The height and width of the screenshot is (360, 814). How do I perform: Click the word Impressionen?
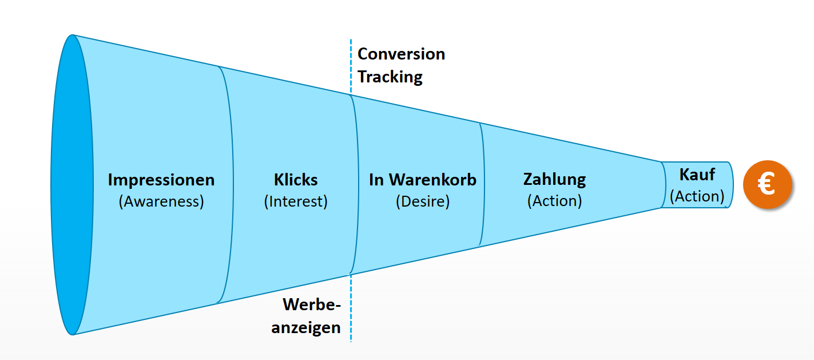coord(161,180)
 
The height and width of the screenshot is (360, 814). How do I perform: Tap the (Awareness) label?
coord(161,201)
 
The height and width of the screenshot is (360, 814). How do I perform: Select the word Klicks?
coord(296,180)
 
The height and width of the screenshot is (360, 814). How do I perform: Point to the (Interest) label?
coord(296,201)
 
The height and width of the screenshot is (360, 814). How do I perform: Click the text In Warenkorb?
coord(423,180)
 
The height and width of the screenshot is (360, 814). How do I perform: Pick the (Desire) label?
coord(423,201)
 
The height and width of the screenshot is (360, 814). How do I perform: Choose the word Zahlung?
coord(554,179)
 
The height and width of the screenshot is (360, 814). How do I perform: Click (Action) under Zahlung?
coord(554,201)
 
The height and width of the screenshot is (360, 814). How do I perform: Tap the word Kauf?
coord(697,175)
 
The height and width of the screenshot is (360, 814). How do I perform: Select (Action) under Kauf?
coord(697,196)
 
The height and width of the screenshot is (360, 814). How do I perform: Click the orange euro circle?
coord(767,184)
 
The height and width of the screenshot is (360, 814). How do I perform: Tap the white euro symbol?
coord(767,185)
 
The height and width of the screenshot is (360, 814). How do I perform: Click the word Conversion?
coord(401,54)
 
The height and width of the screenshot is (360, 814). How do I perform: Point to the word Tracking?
coord(390,77)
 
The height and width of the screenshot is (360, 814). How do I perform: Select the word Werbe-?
coord(312,304)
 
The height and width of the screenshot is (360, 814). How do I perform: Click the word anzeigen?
coord(306,327)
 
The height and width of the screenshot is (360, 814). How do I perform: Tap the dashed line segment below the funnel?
coord(351,309)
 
